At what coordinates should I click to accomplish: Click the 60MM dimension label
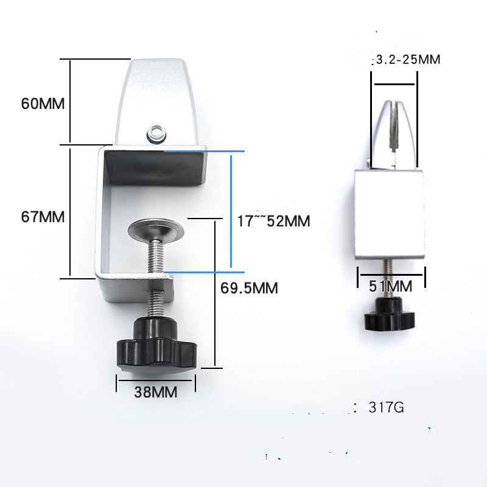coord(43,103)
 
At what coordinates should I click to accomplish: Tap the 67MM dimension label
coord(43,217)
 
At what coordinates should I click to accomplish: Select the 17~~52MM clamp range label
coord(273,221)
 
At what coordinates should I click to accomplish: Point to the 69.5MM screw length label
coord(249,288)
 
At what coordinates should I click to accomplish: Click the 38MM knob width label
coord(156,392)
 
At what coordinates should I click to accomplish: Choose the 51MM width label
coord(391,286)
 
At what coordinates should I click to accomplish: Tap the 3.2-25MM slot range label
coord(408,59)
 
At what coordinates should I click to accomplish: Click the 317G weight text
coord(386,407)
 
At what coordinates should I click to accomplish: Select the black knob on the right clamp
coord(390,314)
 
